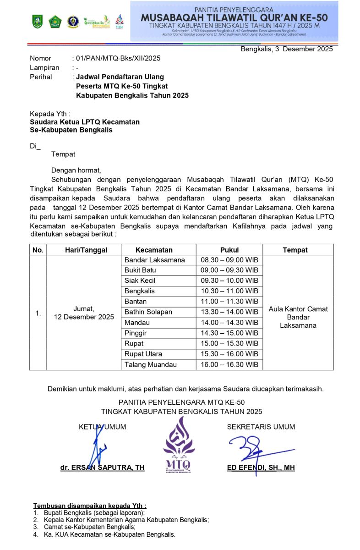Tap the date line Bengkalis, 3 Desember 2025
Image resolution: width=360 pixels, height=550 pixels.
pos(287,49)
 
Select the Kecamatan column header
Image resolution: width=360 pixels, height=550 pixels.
pos(154,250)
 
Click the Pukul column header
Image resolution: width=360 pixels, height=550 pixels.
pos(229,250)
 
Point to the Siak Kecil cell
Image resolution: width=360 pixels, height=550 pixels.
pos(140,280)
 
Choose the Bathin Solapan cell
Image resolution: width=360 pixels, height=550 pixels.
pos(148,312)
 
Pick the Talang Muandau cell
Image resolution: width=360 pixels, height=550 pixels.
pos(150,365)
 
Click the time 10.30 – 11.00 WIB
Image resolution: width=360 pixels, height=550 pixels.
pos(229,291)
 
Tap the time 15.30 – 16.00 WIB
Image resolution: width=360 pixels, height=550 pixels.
pos(229,354)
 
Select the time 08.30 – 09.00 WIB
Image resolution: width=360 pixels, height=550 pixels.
pos(229,260)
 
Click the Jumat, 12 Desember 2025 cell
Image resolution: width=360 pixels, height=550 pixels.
pos(84,313)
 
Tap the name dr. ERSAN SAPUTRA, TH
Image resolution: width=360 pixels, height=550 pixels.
pos(103,468)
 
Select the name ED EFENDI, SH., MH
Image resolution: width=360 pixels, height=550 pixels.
pos(261,468)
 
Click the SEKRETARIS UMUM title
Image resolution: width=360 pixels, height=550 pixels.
pos(261,427)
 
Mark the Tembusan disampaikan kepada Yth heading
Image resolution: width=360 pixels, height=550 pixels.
pos(90,506)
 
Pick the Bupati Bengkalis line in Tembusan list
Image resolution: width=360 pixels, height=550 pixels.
pos(94,513)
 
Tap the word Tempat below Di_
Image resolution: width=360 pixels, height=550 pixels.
pos(63,154)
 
